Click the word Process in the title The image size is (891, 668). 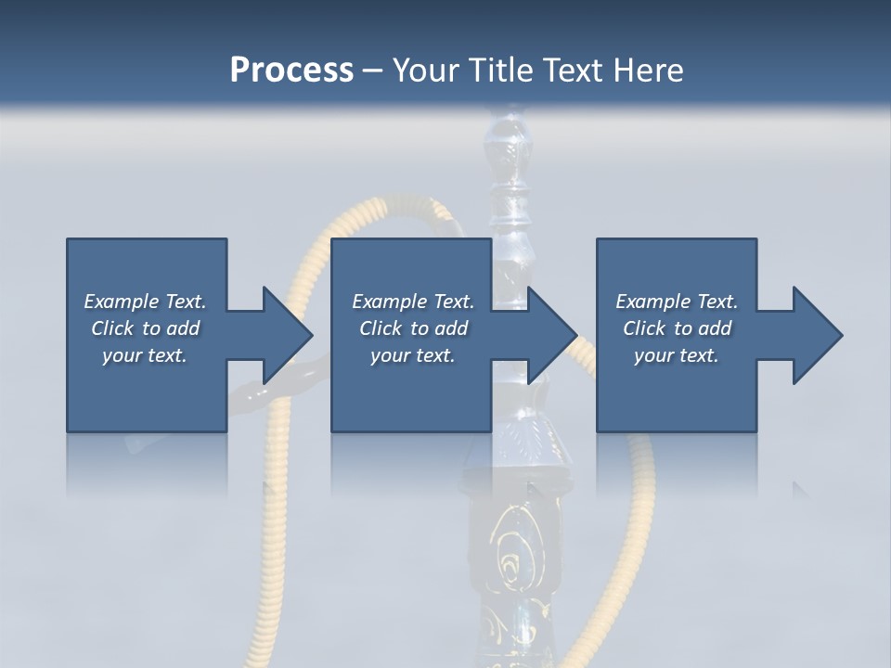291,71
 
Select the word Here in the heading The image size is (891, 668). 649,71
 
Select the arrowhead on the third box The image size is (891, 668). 817,335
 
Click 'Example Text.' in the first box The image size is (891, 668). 145,302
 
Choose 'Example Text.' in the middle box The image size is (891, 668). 413,302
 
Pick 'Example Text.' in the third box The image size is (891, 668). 677,302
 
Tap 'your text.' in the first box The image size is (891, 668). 145,355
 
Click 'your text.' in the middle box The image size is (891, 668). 413,355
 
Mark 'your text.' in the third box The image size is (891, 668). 677,355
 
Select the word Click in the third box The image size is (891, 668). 644,328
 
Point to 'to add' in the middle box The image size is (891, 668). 439,328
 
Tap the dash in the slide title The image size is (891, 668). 372,71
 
